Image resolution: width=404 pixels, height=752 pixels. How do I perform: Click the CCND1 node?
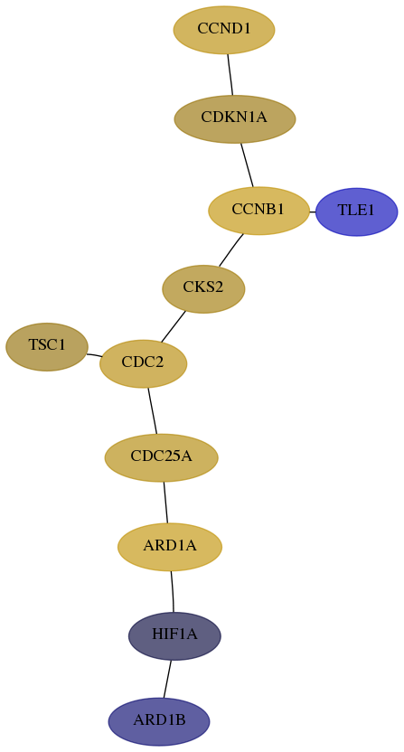pyautogui.click(x=224, y=30)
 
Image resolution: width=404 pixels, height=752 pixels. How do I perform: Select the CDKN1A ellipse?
pyautogui.click(x=235, y=119)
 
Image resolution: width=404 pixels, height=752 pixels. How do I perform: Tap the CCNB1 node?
pyautogui.click(x=259, y=211)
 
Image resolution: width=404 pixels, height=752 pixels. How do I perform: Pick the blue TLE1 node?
pyautogui.click(x=356, y=211)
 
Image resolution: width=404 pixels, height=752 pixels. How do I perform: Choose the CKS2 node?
pyautogui.click(x=203, y=288)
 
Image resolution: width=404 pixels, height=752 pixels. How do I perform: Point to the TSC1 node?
pyautogui.click(x=47, y=347)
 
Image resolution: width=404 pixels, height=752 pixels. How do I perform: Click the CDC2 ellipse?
pyautogui.click(x=143, y=363)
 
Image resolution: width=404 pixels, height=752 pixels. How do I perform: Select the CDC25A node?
pyautogui.click(x=161, y=457)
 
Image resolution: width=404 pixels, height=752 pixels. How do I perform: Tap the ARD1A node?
pyautogui.click(x=170, y=547)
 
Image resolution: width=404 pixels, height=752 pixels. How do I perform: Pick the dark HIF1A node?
pyautogui.click(x=174, y=636)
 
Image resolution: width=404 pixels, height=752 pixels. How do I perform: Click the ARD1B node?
pyautogui.click(x=159, y=721)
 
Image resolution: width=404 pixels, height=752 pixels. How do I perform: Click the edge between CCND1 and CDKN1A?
pyautogui.click(x=230, y=74)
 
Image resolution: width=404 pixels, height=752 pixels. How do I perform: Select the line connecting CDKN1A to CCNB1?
pyautogui.click(x=247, y=165)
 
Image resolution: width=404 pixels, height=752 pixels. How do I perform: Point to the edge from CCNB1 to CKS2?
pyautogui.click(x=231, y=249)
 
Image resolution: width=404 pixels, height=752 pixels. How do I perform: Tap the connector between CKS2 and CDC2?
pyautogui.click(x=174, y=326)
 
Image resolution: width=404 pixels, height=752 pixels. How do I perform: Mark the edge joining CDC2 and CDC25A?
pyautogui.click(x=152, y=410)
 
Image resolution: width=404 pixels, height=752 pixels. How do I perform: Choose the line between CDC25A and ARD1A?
pyautogui.click(x=165, y=503)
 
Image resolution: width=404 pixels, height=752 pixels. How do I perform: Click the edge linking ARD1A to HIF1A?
pyautogui.click(x=173, y=591)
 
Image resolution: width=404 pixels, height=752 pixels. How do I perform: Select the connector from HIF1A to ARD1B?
pyautogui.click(x=167, y=679)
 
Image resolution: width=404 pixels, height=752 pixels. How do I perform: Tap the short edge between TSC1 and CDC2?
pyautogui.click(x=94, y=355)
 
